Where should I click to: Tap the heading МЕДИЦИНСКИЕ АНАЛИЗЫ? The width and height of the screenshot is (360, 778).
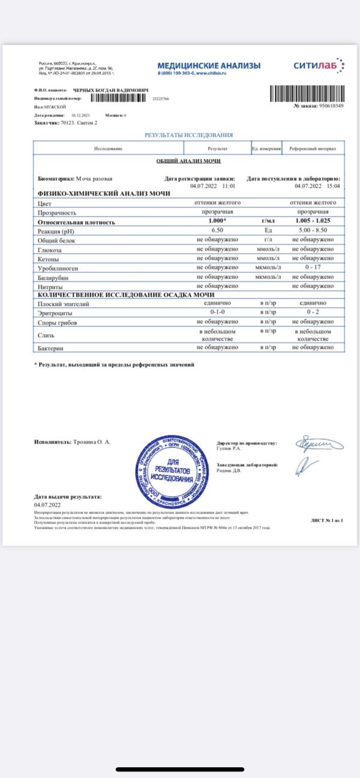[209, 65]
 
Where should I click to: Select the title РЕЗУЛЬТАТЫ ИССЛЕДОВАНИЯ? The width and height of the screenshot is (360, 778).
[189, 136]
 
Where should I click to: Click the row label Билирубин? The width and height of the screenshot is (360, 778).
[53, 277]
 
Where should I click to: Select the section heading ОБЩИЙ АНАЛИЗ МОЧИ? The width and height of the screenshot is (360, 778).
[189, 161]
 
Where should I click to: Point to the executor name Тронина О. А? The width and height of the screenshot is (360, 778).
[91, 442]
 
